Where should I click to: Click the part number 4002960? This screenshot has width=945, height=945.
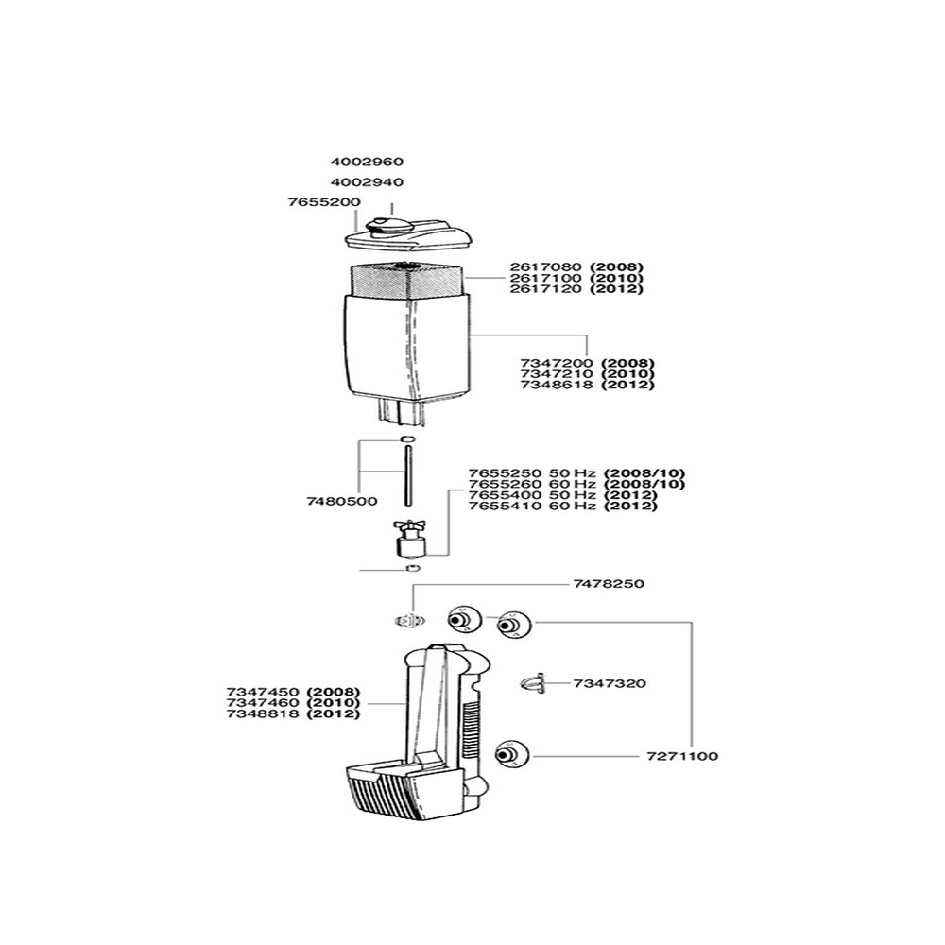[x=367, y=162]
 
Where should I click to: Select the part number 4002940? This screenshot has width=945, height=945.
[x=367, y=182]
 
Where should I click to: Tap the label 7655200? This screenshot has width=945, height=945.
[x=324, y=202]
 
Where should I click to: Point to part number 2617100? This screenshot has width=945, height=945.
[x=545, y=278]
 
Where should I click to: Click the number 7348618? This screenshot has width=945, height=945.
[x=557, y=385]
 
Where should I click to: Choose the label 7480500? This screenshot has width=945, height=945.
[x=342, y=501]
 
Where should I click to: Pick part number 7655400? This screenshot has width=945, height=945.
[x=505, y=495]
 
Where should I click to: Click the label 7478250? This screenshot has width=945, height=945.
[x=609, y=583]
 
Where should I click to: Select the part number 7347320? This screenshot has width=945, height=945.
[x=610, y=683]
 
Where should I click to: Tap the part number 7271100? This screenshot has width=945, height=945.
[x=682, y=756]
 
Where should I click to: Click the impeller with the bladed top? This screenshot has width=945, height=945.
[x=408, y=538]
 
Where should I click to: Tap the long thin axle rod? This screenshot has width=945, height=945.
[x=407, y=475]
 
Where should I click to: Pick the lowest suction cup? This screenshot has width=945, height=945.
[x=511, y=754]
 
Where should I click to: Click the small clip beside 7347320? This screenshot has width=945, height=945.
[x=533, y=683]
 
